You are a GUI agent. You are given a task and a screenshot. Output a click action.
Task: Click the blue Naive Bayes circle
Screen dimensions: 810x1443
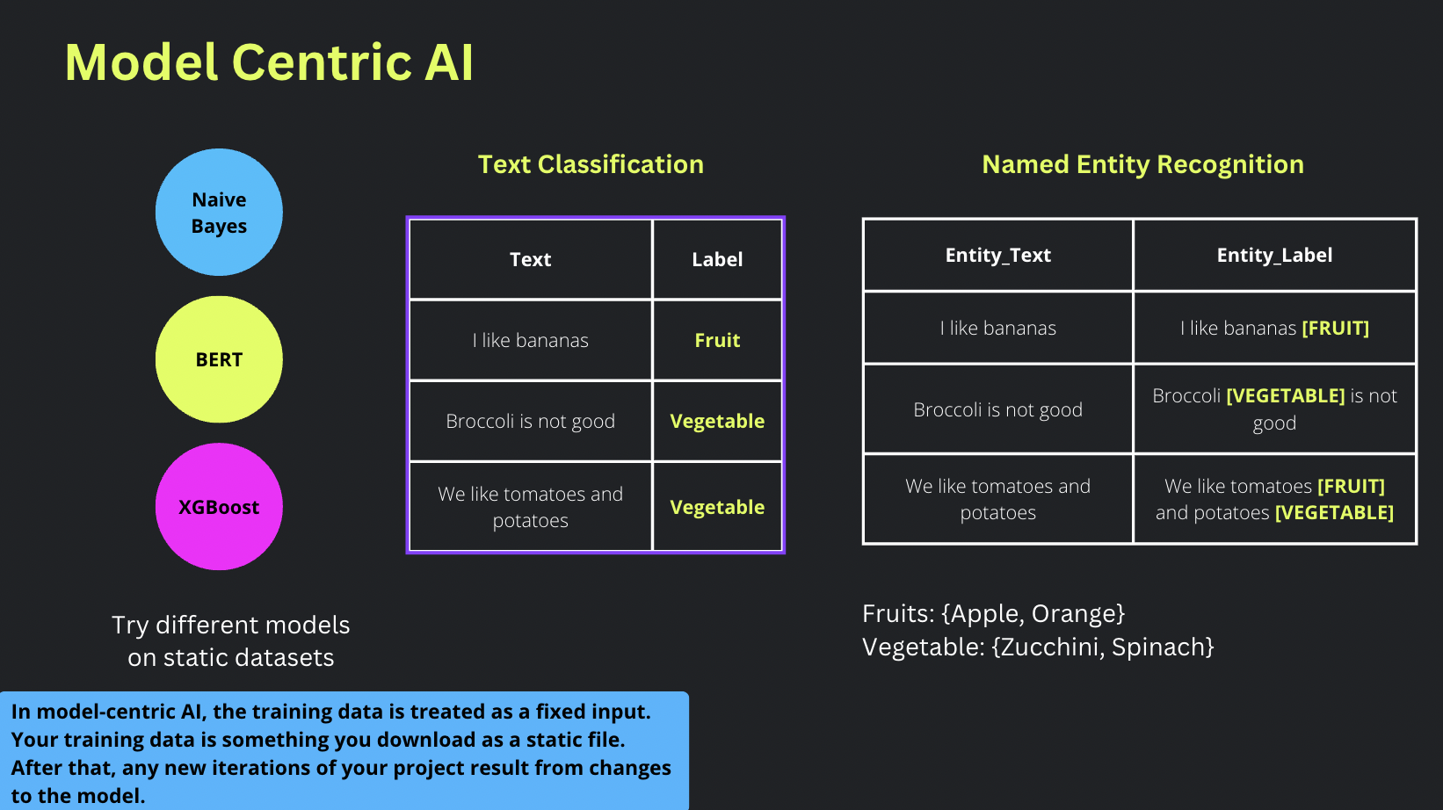pos(219,213)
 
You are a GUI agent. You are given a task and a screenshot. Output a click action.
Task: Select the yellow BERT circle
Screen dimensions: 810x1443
pos(219,359)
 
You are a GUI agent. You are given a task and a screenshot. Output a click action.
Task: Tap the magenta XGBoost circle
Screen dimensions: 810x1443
pos(219,507)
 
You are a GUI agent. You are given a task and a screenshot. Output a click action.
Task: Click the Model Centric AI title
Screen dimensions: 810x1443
pos(269,62)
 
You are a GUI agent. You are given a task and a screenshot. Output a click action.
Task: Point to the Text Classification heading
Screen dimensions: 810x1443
pos(591,164)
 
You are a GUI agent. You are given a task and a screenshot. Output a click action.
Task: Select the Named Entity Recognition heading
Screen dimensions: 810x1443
pos(1142,164)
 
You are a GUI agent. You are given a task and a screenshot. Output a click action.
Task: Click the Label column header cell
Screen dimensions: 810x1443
pos(717,259)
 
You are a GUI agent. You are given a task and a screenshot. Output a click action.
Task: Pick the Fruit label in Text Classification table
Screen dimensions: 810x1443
pos(717,340)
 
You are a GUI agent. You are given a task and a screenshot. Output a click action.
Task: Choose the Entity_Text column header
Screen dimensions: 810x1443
pos(997,255)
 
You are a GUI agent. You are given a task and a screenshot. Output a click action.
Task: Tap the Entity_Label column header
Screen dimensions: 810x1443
pos(1274,255)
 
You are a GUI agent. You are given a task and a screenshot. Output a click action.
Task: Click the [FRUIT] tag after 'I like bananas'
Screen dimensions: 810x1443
pos(1335,328)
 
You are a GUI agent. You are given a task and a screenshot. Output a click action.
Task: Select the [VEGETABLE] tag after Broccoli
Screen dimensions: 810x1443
pos(1285,395)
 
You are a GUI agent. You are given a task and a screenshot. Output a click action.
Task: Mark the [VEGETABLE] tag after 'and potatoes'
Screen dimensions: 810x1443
pos(1334,512)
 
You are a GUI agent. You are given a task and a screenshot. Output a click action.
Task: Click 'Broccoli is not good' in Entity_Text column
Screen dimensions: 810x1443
pos(997,409)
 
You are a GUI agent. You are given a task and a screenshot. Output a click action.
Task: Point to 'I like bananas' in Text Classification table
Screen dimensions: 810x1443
pos(530,340)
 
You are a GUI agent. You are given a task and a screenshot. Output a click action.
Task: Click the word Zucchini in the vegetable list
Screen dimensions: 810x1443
pos(1049,647)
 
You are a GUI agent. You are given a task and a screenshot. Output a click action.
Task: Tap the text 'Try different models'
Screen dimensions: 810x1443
pos(230,625)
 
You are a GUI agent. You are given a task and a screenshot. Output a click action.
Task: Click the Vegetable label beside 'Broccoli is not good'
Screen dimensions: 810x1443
pos(717,421)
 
